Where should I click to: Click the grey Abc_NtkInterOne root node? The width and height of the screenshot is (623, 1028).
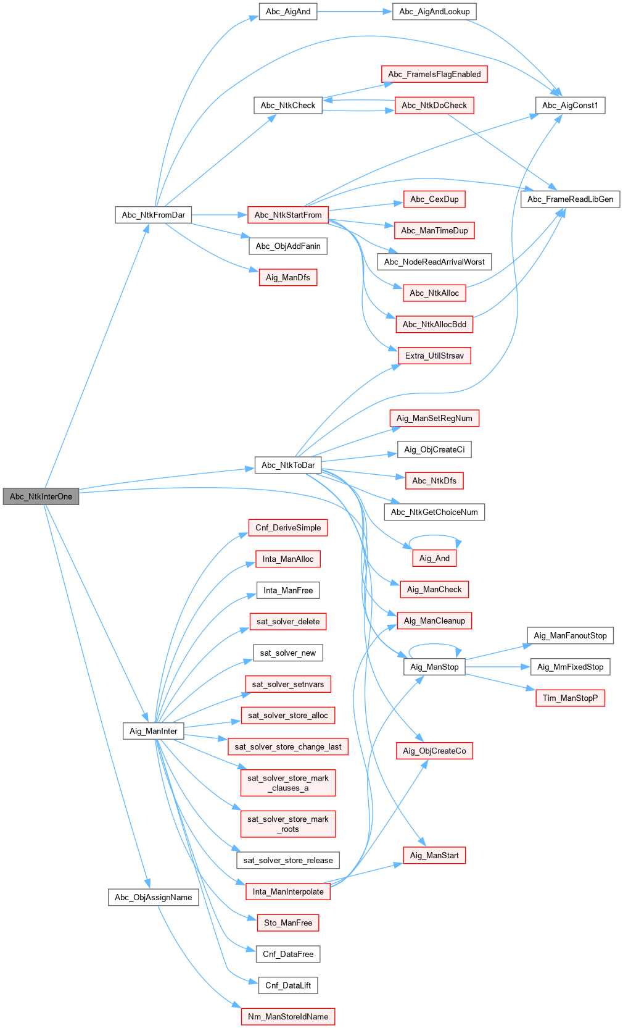point(41,496)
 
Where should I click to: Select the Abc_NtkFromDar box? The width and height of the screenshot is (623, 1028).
point(153,215)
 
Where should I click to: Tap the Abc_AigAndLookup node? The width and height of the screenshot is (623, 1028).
point(434,12)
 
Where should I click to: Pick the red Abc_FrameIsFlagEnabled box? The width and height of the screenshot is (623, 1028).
point(434,74)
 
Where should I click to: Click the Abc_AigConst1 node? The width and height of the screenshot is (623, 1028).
point(570,105)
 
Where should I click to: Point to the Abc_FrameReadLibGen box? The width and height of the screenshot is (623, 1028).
point(570,199)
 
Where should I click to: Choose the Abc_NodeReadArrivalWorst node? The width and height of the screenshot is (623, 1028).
point(434,262)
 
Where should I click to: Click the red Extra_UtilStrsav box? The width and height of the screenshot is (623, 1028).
point(434,356)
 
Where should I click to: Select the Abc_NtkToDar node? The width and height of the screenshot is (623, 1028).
point(288,465)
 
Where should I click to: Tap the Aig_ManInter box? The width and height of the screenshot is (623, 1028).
point(153,731)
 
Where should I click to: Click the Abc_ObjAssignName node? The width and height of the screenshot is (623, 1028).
point(153,897)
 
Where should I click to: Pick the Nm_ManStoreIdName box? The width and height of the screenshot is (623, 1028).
point(288,1016)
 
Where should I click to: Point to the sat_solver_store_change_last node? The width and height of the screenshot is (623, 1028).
point(288,746)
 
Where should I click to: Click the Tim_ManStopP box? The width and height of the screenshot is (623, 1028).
point(570,698)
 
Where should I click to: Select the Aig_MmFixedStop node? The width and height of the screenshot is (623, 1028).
point(570,667)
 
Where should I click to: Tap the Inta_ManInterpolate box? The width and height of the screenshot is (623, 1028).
point(288,892)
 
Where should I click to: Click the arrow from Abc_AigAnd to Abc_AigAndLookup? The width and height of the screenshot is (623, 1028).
point(355,12)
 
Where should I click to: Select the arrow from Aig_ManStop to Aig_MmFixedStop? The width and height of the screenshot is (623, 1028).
point(498,667)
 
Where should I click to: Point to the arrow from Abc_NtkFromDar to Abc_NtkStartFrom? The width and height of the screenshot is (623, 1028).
point(220,215)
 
